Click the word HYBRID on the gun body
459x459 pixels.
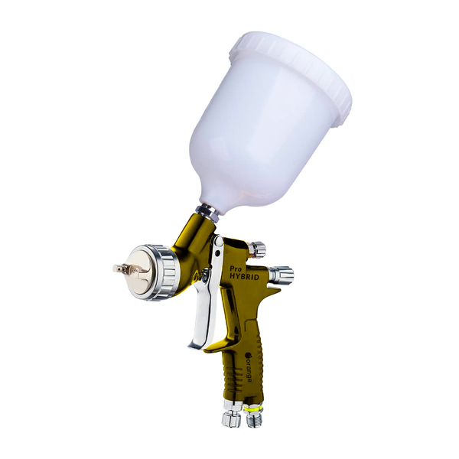(x=244, y=275)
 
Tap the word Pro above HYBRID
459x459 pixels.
(x=233, y=268)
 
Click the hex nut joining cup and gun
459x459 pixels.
(x=207, y=213)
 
